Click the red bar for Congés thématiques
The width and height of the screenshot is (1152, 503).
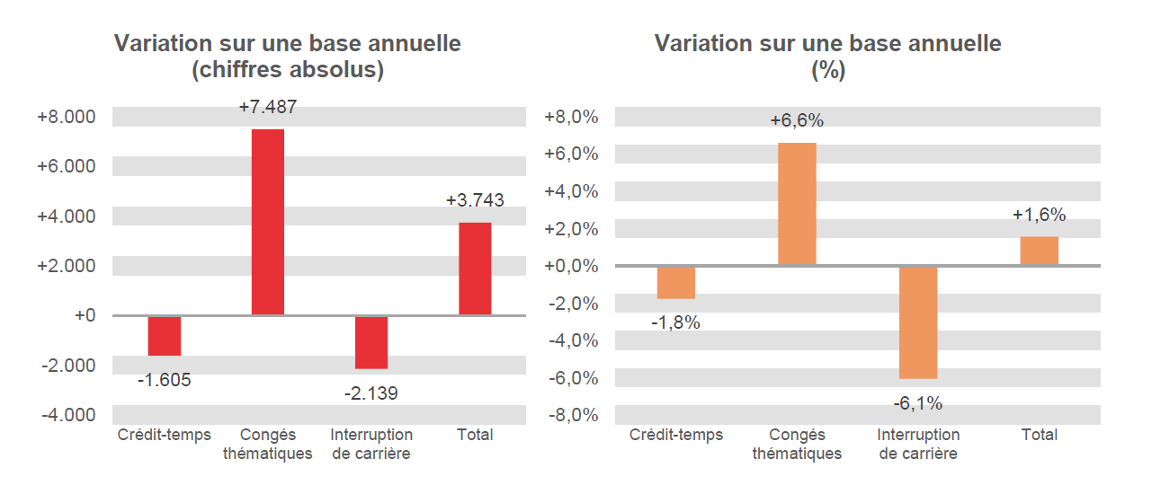[267, 222]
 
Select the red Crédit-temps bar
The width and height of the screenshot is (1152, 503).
[165, 336]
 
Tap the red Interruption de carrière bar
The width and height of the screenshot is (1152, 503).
[371, 342]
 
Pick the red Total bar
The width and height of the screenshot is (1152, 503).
[475, 269]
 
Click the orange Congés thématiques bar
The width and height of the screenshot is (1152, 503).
[797, 204]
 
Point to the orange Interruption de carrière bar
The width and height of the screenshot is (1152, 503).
[918, 322]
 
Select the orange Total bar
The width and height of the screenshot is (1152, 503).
[1039, 251]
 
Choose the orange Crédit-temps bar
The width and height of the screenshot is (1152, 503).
[675, 283]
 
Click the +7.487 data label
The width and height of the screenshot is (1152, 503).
[267, 107]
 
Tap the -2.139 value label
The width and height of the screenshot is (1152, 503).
[371, 393]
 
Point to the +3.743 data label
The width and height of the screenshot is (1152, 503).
[475, 200]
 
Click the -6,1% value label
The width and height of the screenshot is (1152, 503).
[918, 404]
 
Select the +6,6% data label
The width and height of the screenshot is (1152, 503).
[797, 120]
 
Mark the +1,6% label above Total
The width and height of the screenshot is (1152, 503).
[1039, 215]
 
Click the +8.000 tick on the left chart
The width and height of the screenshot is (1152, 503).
[66, 118]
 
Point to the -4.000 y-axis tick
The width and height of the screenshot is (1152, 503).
[67, 415]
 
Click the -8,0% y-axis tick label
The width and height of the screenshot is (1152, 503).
[572, 415]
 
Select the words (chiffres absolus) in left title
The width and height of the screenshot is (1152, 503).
[288, 70]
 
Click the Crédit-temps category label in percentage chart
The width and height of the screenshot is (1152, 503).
[675, 435]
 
